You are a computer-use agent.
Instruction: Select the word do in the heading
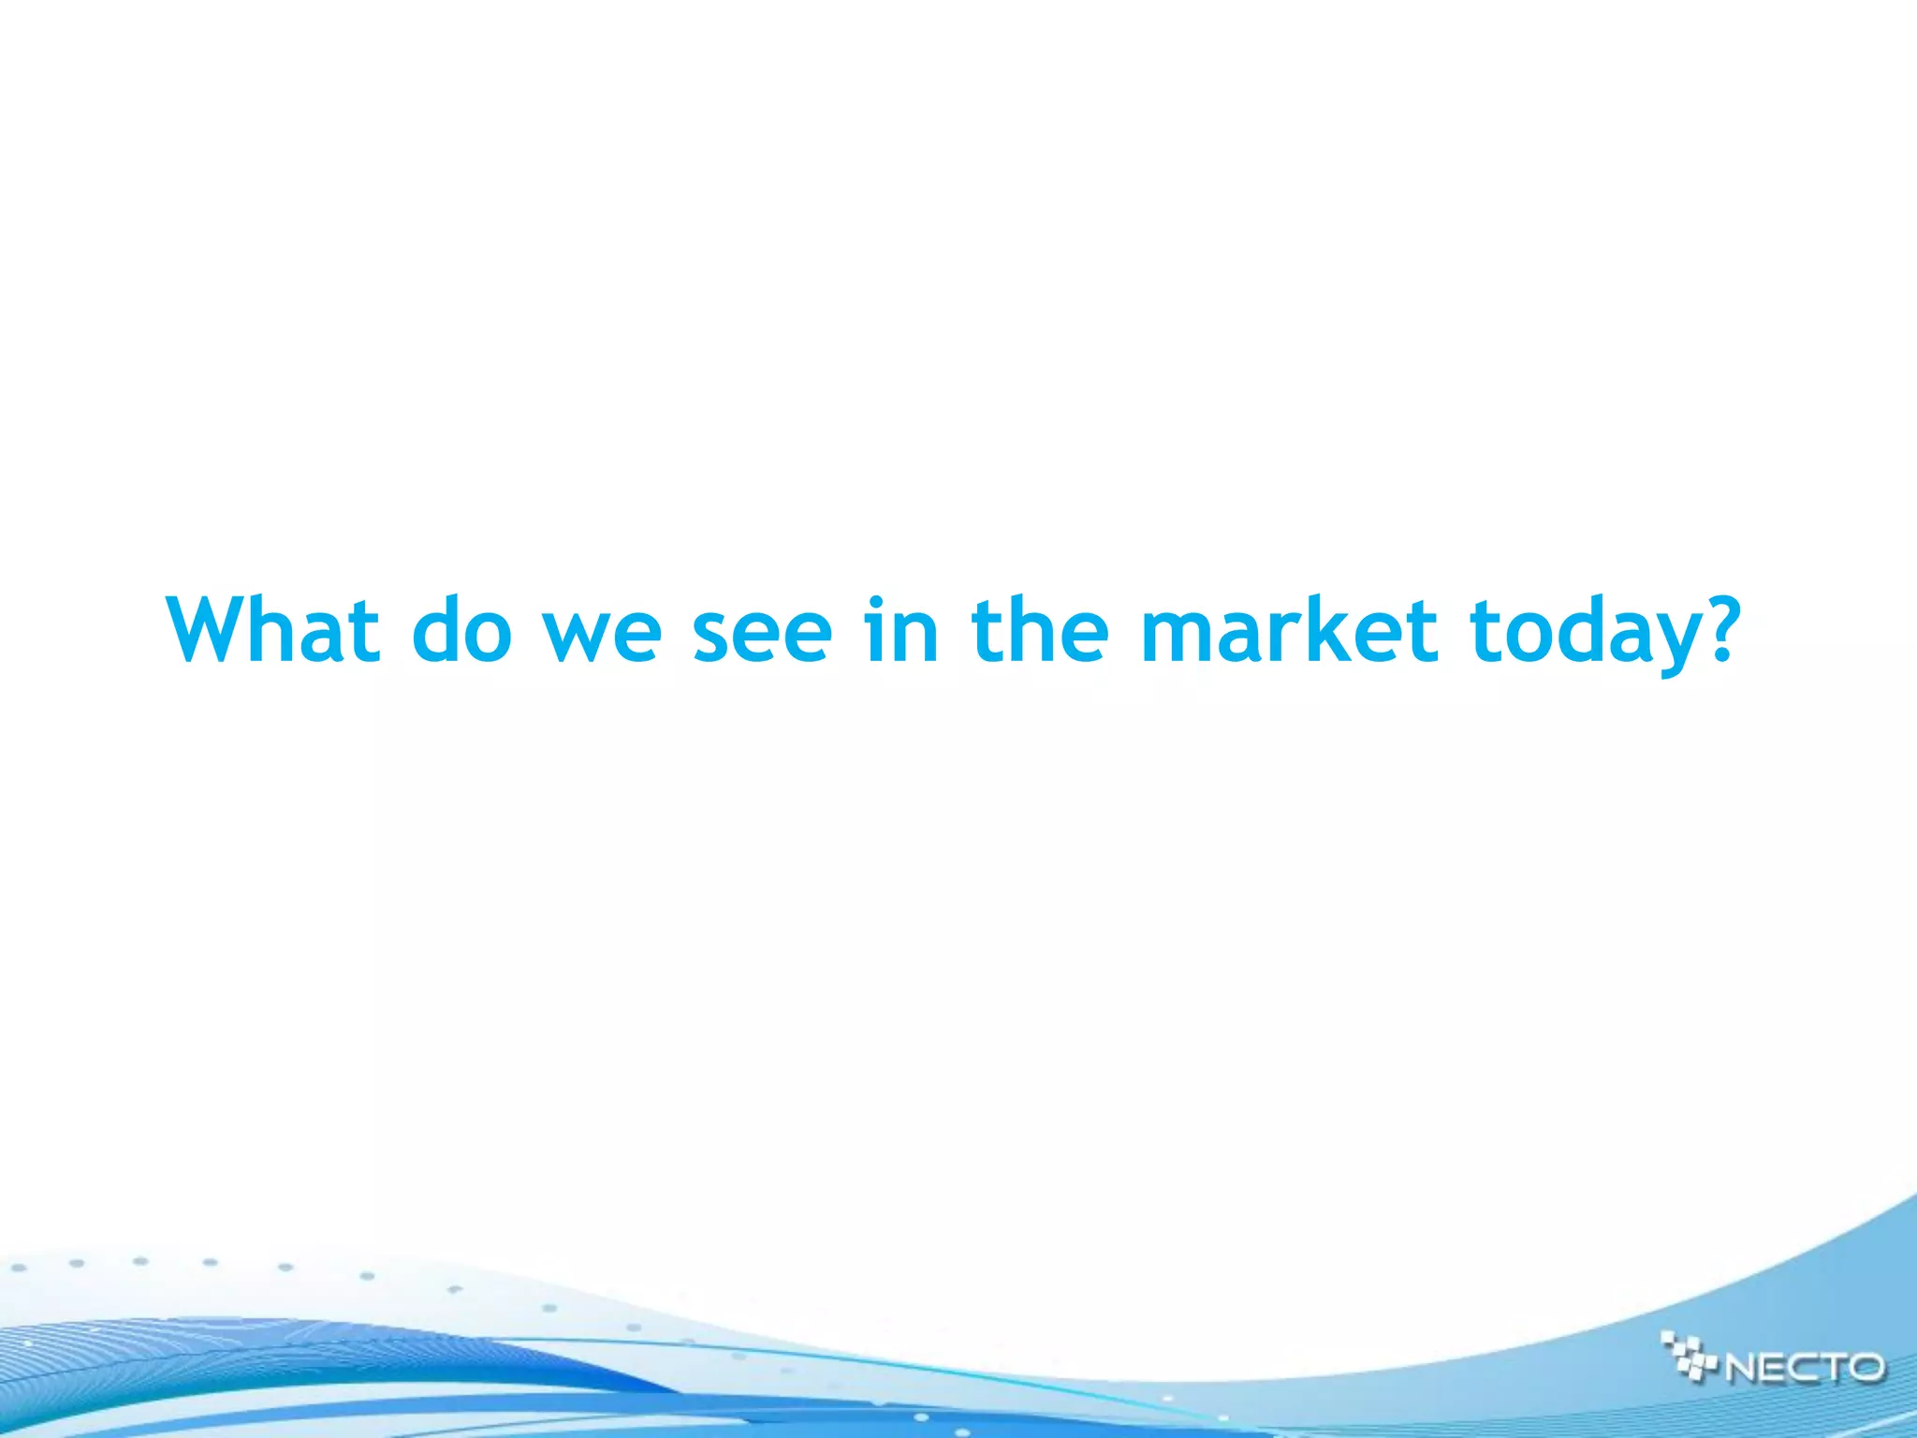[462, 629]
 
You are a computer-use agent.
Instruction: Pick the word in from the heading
[900, 629]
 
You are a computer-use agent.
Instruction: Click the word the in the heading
[1040, 629]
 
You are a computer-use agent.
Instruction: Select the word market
[1289, 629]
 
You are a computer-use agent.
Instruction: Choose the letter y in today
[1664, 646]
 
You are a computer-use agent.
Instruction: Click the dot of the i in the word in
[875, 602]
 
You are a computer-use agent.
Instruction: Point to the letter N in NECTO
[1743, 1368]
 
